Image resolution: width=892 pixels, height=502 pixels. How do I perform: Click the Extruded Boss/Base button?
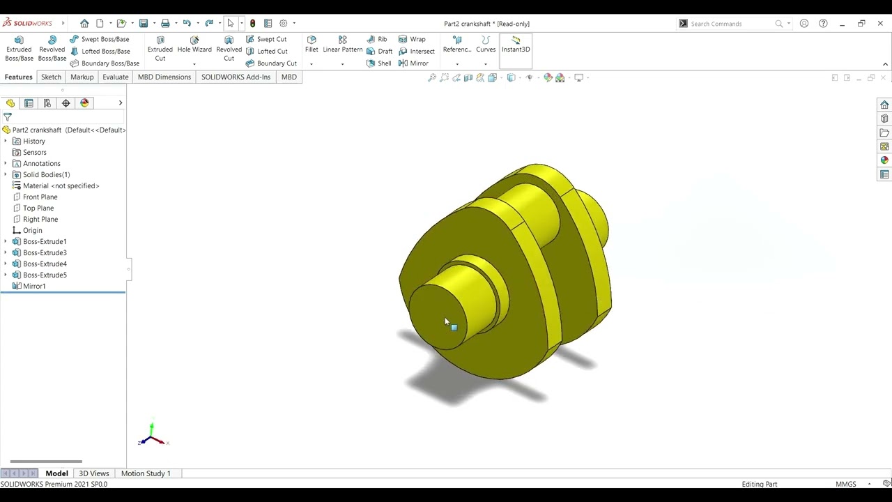point(19,49)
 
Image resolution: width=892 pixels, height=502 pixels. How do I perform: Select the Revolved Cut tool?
point(229,49)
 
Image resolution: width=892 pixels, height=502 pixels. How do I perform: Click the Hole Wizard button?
point(194,45)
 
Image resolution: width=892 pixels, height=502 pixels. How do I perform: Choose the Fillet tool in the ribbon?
point(312,45)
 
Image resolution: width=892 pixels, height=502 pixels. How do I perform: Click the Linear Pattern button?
point(342,45)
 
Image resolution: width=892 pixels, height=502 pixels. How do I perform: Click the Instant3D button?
point(516,45)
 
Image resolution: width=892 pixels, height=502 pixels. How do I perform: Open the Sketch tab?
point(51,77)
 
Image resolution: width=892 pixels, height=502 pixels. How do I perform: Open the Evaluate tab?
point(115,77)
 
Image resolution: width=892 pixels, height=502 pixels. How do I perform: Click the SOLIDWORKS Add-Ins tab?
point(236,77)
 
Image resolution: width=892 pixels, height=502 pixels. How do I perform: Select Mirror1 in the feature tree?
point(34,287)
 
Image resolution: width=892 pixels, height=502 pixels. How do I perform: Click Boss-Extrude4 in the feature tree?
point(45,264)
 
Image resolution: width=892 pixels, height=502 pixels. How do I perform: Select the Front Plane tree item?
point(40,197)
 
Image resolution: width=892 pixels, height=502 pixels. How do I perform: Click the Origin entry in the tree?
point(32,231)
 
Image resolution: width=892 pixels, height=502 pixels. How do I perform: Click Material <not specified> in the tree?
point(61,186)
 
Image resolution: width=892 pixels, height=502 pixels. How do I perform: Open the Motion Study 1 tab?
point(146,473)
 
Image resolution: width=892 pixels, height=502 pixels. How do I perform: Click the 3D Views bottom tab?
point(94,473)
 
